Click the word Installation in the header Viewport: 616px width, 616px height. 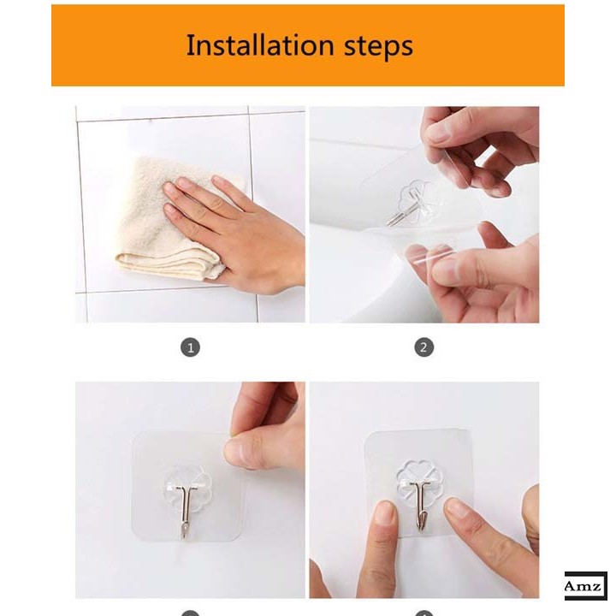click(x=260, y=44)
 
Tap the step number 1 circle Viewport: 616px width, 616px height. click(x=190, y=347)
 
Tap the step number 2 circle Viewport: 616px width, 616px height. click(x=423, y=347)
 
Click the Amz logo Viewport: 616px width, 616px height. click(x=585, y=586)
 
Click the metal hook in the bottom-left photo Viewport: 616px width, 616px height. click(x=184, y=508)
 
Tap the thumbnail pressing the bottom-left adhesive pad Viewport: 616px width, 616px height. click(x=239, y=453)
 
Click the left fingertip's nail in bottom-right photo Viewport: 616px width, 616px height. click(x=385, y=512)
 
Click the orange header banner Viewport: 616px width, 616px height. click(x=308, y=45)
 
